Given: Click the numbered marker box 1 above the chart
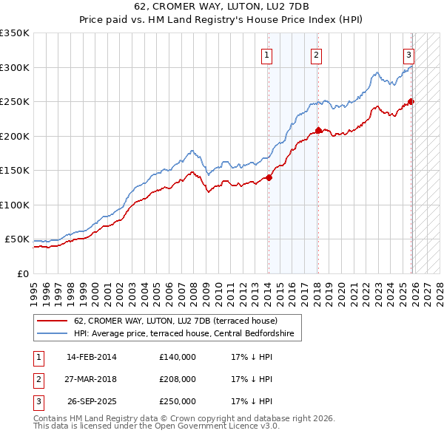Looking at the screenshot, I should (266, 53).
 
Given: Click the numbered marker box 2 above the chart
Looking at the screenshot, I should (316, 53).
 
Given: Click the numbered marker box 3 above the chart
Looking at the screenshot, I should (408, 53).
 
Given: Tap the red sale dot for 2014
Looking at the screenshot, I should (269, 177).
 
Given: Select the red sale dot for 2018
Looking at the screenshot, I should (318, 131).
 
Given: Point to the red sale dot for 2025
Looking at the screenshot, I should (411, 102).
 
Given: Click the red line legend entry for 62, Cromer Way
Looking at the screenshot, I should (175, 321).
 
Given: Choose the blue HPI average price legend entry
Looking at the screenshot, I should (184, 334).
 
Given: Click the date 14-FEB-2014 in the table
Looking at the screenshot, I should (91, 357).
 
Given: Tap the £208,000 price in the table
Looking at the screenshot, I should (177, 379).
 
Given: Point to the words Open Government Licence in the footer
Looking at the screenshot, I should (204, 426).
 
